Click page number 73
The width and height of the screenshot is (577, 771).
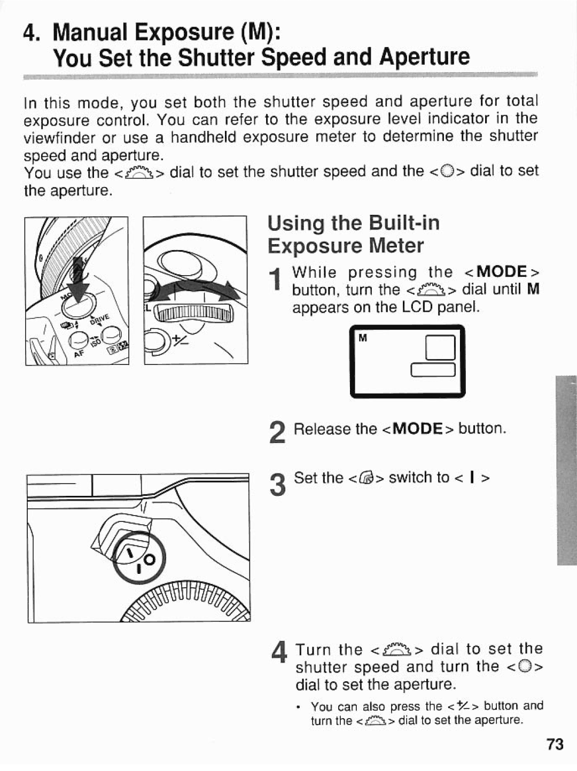(555, 744)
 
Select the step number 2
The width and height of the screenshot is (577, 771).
(277, 432)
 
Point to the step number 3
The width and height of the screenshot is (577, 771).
(277, 486)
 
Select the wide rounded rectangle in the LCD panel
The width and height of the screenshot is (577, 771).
(433, 369)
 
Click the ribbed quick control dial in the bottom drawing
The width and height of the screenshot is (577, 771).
(187, 601)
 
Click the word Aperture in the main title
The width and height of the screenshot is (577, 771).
(425, 56)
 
